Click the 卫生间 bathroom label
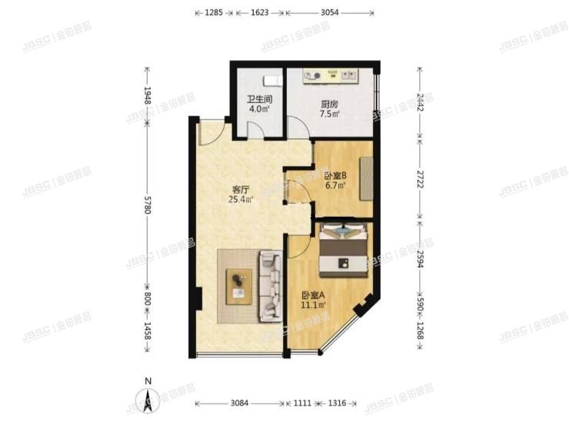point(259,99)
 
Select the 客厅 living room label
point(241,190)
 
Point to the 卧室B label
point(336,175)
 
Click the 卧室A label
point(313,295)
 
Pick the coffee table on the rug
point(240,284)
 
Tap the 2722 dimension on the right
point(420,180)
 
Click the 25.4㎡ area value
point(240,201)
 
